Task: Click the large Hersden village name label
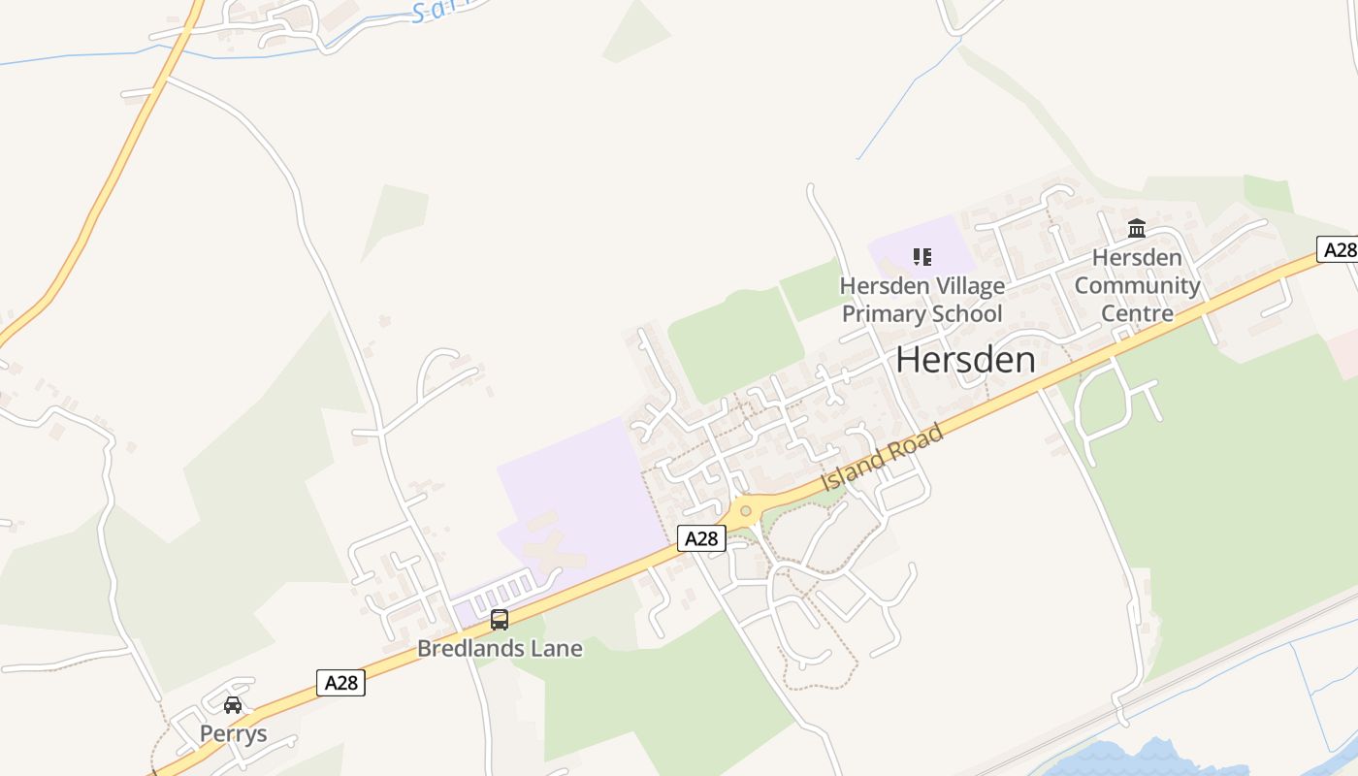click(x=965, y=360)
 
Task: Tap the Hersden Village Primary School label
click(x=921, y=300)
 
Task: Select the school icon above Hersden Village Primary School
click(x=922, y=257)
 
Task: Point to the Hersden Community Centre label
click(x=1137, y=285)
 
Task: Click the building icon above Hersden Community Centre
click(x=1137, y=229)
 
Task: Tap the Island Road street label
click(x=882, y=459)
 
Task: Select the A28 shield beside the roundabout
click(x=701, y=538)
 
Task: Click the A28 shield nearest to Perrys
click(x=340, y=683)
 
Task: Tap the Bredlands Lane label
click(x=500, y=648)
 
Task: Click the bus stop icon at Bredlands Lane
click(x=500, y=619)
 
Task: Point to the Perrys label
click(x=233, y=733)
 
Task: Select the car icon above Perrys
click(x=233, y=705)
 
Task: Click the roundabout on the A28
click(x=745, y=510)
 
